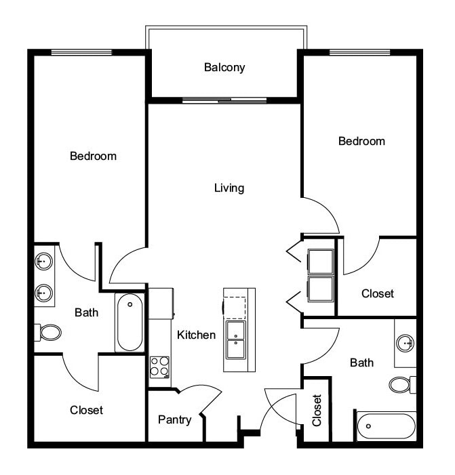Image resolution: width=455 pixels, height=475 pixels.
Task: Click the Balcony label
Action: [224, 68]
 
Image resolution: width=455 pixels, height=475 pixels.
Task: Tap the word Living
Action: [229, 188]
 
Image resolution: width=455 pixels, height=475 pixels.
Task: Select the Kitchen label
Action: [197, 335]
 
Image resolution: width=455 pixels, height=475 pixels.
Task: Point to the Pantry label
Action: [175, 419]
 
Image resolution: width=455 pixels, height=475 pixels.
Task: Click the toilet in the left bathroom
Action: [49, 332]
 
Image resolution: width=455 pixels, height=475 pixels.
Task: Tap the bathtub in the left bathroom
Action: [130, 323]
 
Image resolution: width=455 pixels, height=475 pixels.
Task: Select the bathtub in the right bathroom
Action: [385, 426]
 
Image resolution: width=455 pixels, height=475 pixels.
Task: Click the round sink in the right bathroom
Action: [405, 344]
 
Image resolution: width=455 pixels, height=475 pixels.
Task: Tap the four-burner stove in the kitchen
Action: [159, 367]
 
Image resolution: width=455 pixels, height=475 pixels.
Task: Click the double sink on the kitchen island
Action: [235, 339]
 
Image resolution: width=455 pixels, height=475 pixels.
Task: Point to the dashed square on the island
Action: [235, 307]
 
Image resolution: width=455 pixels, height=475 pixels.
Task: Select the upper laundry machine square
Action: [321, 261]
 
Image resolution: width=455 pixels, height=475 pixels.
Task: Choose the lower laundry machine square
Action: [321, 288]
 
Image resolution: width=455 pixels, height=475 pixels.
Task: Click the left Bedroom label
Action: [93, 156]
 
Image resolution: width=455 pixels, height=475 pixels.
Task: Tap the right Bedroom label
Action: [361, 141]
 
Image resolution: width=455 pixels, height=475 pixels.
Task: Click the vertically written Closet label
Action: [317, 411]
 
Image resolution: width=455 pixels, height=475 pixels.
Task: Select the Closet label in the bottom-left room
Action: [86, 410]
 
